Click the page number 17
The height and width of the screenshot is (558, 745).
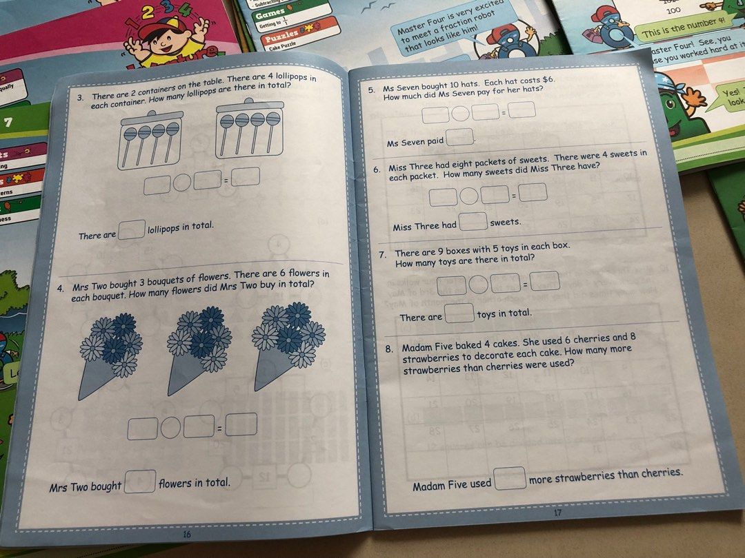point(558,513)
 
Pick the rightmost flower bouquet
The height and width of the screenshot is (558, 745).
point(285,344)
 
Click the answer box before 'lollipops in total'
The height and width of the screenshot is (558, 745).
point(132,229)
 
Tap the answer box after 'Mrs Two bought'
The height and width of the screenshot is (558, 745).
point(140,481)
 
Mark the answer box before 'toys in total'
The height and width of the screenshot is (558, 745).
point(459,313)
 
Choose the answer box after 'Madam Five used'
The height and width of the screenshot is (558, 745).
point(510,477)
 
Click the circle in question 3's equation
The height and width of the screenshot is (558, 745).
point(182,182)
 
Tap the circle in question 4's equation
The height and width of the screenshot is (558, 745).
point(170,428)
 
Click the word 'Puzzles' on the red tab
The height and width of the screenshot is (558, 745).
point(282,32)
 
